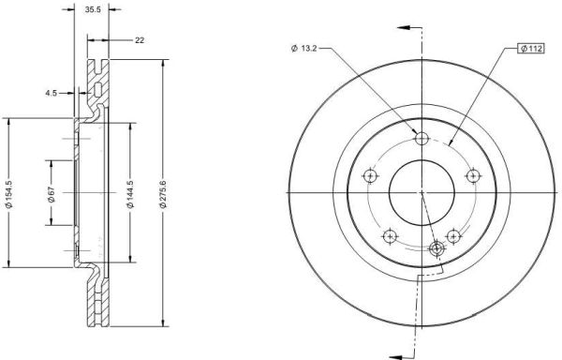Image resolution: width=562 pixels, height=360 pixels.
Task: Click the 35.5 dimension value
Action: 93,9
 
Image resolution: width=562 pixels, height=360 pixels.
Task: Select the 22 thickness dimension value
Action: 140,40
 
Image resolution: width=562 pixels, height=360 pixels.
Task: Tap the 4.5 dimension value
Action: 51,93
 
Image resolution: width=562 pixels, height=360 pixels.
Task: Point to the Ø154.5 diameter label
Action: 9,194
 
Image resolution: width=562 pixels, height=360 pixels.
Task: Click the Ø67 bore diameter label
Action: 52,194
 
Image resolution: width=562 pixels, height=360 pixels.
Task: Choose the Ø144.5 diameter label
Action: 130,194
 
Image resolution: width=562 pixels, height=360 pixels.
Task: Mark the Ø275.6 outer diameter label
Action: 163,194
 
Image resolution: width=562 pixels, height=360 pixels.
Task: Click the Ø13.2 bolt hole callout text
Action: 303,49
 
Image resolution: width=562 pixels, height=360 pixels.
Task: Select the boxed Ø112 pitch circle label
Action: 531,49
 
